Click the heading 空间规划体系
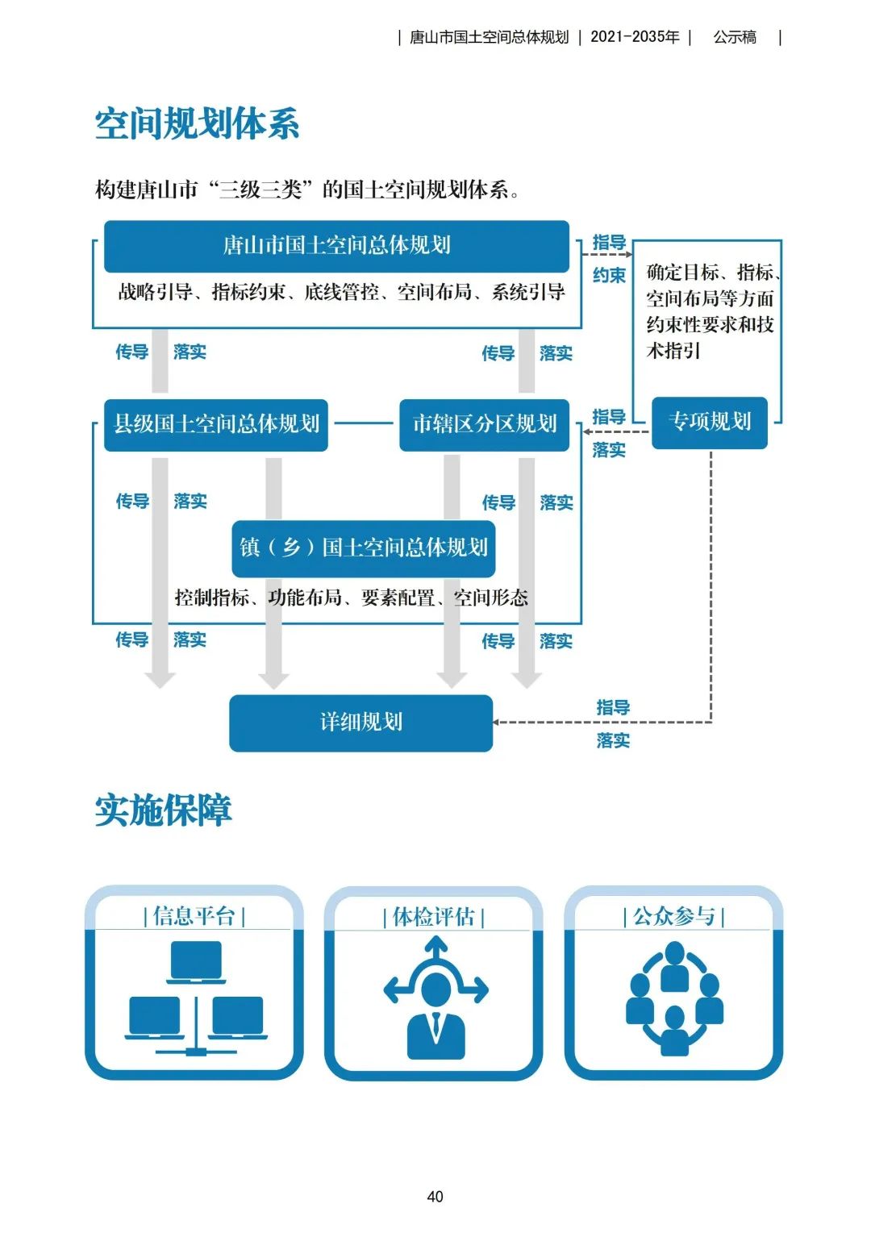(197, 124)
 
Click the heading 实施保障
(164, 810)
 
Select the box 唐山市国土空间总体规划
(336, 245)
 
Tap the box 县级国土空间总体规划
(216, 424)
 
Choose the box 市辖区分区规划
(485, 424)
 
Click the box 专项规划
(709, 422)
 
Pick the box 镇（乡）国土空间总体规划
(364, 548)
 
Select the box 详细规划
(360, 723)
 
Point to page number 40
(435, 1197)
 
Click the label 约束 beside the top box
(609, 276)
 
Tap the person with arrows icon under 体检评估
(435, 998)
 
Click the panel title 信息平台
(194, 916)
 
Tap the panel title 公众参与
(674, 916)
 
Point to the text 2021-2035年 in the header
(635, 37)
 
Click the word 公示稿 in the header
(735, 37)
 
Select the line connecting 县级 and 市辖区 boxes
(364, 423)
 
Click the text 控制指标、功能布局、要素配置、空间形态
(352, 598)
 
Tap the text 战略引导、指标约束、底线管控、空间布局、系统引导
(341, 292)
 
